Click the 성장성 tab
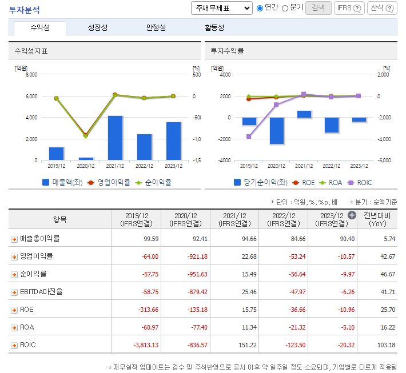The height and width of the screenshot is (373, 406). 97,27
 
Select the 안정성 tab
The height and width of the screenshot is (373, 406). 156,27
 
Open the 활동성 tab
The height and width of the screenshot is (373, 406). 214,27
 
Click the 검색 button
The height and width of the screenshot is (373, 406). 319,7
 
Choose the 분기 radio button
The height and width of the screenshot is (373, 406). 285,8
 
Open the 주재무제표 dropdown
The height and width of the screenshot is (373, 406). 221,8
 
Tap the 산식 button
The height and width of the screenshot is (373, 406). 382,8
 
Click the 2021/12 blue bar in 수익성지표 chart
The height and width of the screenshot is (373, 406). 116,137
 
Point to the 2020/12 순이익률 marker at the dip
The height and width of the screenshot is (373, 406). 86,136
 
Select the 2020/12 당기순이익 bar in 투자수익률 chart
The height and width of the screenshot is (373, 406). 277,130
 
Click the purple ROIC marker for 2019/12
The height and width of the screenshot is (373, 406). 249,137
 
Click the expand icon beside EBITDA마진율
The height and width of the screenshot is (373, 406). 14,292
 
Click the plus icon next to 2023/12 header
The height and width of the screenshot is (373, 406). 352,215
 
